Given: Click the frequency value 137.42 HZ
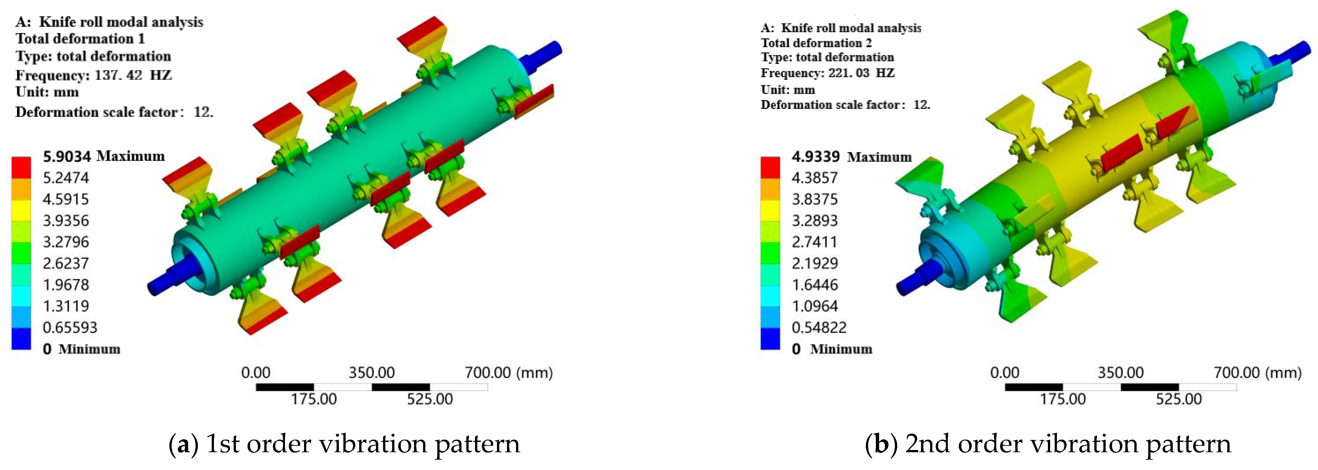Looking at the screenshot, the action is point(133,75).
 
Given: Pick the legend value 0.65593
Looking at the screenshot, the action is point(70,327).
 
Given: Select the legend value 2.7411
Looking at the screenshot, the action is point(815,242).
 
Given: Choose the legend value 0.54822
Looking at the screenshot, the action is point(819,327).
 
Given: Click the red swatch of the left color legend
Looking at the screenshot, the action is point(21,166).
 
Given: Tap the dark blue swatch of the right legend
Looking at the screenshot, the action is point(770,339).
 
